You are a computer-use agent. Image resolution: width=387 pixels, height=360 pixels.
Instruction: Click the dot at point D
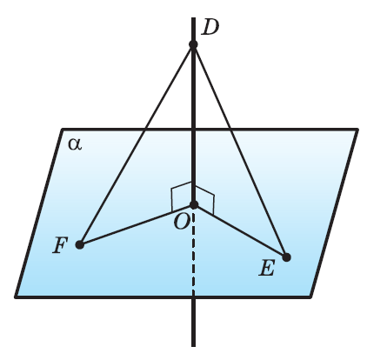point(193,44)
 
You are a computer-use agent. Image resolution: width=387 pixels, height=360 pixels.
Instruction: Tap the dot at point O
point(194,204)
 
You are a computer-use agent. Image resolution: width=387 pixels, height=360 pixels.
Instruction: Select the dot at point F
point(80,244)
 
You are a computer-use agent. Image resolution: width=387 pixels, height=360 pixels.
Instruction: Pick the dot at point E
point(286,257)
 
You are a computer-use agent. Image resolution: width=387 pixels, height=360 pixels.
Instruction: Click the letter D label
point(210,28)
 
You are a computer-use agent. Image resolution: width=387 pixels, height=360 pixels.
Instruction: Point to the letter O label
point(182,223)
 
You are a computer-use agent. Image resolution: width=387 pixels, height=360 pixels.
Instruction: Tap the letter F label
point(60,245)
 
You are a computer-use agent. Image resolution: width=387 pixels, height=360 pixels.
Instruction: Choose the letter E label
point(266,268)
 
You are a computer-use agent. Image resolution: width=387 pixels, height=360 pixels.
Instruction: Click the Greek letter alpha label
point(75,143)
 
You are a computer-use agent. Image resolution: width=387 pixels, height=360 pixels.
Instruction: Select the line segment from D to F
point(137,144)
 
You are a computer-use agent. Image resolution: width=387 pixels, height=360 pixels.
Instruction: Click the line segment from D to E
point(240,150)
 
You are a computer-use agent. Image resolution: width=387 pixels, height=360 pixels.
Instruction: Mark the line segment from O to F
point(137,224)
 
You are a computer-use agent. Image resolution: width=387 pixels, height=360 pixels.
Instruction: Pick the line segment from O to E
point(240,231)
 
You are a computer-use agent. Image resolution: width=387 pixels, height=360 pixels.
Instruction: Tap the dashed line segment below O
point(194,251)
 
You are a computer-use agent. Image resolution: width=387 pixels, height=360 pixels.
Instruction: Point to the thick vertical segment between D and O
point(193,124)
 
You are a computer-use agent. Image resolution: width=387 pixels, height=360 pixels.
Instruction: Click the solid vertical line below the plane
point(193,322)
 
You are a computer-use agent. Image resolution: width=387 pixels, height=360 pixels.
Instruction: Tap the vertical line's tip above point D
point(193,17)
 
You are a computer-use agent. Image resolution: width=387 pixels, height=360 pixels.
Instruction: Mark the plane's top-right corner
point(357,130)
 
